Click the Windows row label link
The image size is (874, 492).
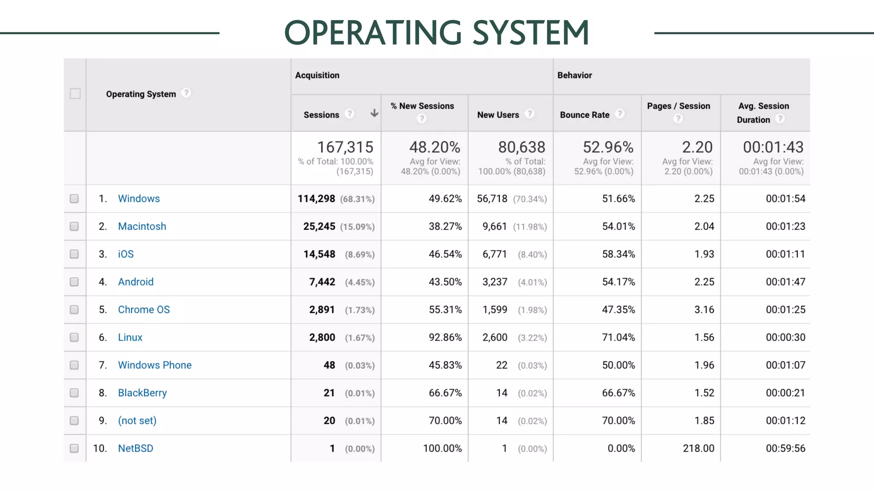[x=139, y=199]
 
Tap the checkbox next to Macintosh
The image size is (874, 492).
[x=74, y=226]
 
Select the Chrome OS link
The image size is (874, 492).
[x=144, y=310]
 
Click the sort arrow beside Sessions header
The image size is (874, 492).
[x=374, y=113]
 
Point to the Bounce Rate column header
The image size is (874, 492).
[x=584, y=115]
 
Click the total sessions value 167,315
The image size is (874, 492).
[x=345, y=147]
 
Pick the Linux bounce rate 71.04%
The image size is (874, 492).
[x=618, y=337]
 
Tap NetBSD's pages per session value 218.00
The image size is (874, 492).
[x=698, y=448]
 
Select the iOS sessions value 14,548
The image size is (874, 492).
[x=319, y=254]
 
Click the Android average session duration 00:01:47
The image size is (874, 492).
[x=785, y=282]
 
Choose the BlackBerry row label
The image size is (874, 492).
[x=142, y=393]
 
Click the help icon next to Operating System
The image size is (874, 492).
[x=186, y=93]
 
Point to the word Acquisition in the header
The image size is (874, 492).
[x=317, y=75]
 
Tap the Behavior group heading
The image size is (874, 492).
[x=574, y=75]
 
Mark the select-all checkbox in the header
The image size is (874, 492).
[x=75, y=94]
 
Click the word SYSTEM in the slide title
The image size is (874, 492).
[x=531, y=33]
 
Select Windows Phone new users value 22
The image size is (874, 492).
[x=501, y=365]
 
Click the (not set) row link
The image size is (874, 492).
[x=137, y=421]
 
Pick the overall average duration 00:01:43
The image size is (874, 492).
[x=773, y=147]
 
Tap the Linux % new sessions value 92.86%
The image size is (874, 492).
[x=445, y=337]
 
